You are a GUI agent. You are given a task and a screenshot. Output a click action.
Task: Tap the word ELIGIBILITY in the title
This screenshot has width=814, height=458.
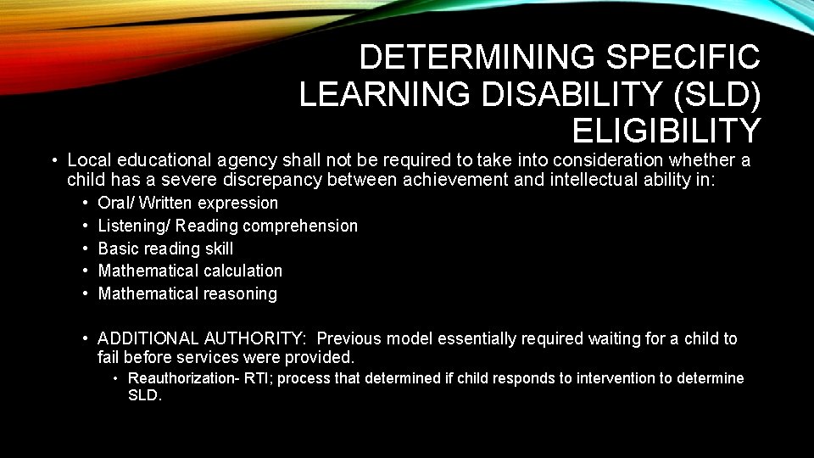pyautogui.click(x=666, y=131)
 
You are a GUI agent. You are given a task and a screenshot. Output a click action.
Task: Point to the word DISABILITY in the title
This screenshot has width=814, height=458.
pyautogui.click(x=549, y=94)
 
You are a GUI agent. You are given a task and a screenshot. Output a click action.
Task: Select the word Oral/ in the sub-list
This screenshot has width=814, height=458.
pyautogui.click(x=116, y=203)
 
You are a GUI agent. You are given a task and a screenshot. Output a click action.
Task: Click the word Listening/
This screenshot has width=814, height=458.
pyautogui.click(x=133, y=226)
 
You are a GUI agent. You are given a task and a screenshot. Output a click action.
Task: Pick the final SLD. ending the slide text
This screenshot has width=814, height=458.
pyautogui.click(x=144, y=395)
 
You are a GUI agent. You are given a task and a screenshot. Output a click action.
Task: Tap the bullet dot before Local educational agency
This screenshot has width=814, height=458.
pyautogui.click(x=53, y=159)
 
